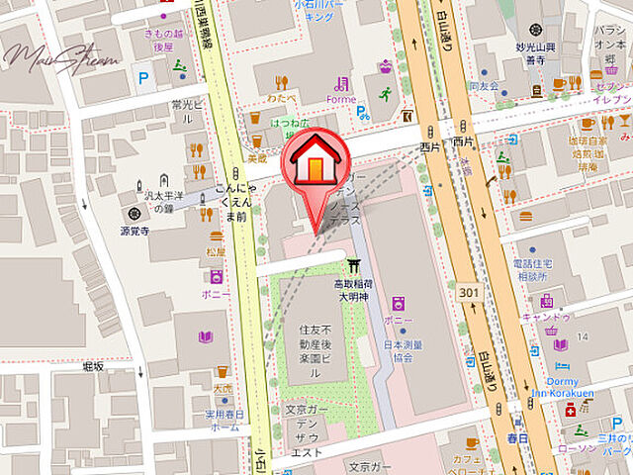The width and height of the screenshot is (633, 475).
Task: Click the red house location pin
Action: pyautogui.click(x=314, y=160)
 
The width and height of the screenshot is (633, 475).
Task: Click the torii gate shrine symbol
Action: pyautogui.click(x=353, y=265)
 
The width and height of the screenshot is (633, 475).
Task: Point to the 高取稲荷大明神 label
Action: pyautogui.click(x=353, y=288)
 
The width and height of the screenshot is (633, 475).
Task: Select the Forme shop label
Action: pyautogui.click(x=342, y=98)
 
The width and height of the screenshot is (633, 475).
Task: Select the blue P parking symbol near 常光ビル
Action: pyautogui.click(x=144, y=76)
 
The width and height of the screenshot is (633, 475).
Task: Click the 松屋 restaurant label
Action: pyautogui.click(x=215, y=251)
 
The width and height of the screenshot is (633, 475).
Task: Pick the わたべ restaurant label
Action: pyautogui.click(x=281, y=100)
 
